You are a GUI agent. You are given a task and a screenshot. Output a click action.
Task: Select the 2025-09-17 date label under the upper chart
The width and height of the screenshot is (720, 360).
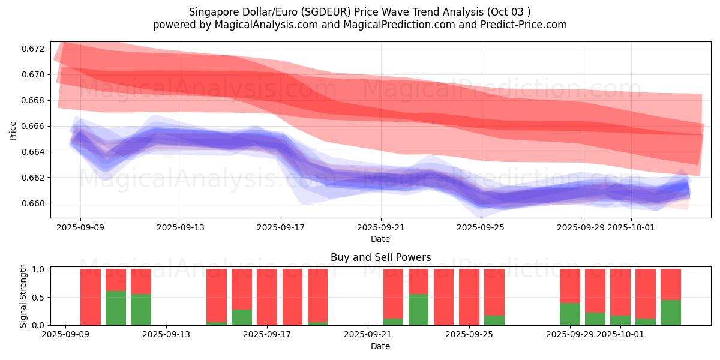click(281, 228)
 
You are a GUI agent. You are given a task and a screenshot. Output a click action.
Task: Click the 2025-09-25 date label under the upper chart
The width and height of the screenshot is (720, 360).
click(481, 228)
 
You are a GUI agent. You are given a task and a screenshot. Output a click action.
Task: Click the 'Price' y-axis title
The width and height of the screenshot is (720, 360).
click(13, 130)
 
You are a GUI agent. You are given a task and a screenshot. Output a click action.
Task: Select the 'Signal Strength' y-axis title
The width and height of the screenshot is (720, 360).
click(23, 296)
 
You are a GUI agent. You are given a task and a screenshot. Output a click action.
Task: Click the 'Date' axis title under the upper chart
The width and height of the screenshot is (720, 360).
click(380, 239)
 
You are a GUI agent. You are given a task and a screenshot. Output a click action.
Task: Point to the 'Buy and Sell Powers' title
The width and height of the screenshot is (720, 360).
click(380, 257)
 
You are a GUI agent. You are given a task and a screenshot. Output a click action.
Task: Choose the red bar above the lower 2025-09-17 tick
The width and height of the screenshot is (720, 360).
click(267, 296)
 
